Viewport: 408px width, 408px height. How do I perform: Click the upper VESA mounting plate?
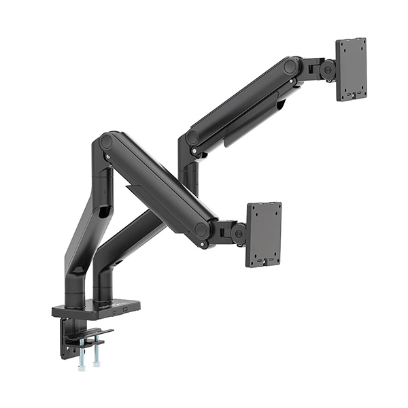pyautogui.click(x=351, y=69)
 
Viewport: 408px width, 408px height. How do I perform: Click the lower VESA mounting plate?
pyautogui.click(x=264, y=234)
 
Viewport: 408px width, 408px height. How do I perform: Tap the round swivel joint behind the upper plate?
pyautogui.click(x=328, y=69)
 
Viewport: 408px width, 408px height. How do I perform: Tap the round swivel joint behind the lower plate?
pyautogui.click(x=238, y=234)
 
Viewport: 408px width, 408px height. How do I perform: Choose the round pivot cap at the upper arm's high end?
pyautogui.click(x=291, y=67)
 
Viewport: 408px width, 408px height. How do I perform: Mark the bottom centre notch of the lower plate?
pyautogui.click(x=265, y=262)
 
